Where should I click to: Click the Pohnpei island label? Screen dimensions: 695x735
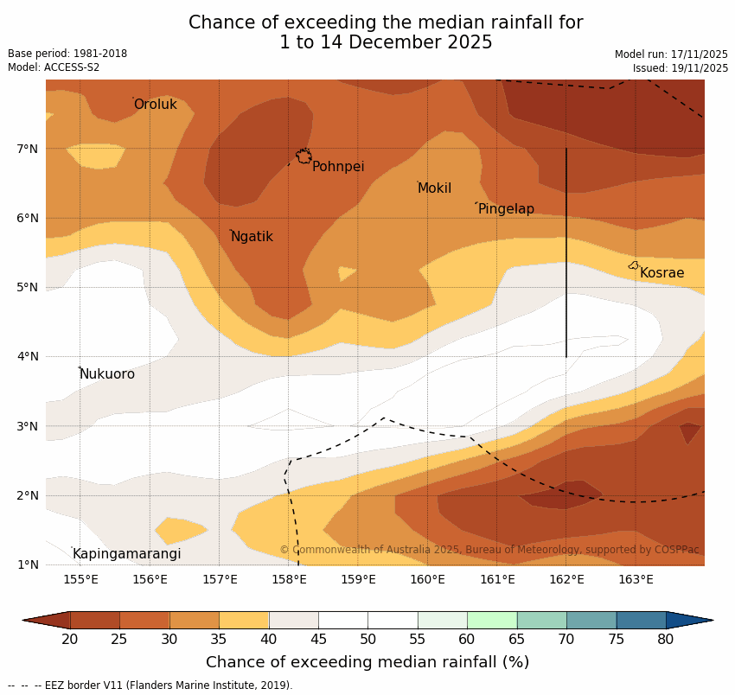[x=338, y=167]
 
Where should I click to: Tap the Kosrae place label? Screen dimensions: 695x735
[x=661, y=273]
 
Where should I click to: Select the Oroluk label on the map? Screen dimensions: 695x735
[x=156, y=105]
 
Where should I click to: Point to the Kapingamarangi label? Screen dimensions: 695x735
[x=126, y=554]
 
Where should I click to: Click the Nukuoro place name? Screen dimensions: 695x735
[x=107, y=374]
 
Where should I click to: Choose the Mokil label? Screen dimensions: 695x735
[x=434, y=188]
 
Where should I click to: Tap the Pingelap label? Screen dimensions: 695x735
[x=506, y=209]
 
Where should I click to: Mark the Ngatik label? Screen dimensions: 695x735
[x=252, y=237]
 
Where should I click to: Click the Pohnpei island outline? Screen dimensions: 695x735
[x=304, y=156]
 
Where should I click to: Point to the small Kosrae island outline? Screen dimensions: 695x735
[x=634, y=265]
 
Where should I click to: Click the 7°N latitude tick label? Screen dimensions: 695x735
[x=28, y=149]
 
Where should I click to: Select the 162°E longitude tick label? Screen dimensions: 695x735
[x=566, y=579]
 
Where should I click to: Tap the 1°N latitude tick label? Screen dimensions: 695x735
[x=28, y=564]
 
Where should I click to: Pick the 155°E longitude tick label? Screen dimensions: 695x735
[x=80, y=579]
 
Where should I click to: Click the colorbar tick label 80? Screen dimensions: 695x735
[x=666, y=639]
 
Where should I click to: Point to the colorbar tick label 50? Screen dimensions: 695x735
[x=367, y=639]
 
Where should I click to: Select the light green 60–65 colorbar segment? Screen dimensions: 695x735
[x=492, y=620]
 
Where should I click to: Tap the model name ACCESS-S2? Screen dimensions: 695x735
[x=73, y=67]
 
